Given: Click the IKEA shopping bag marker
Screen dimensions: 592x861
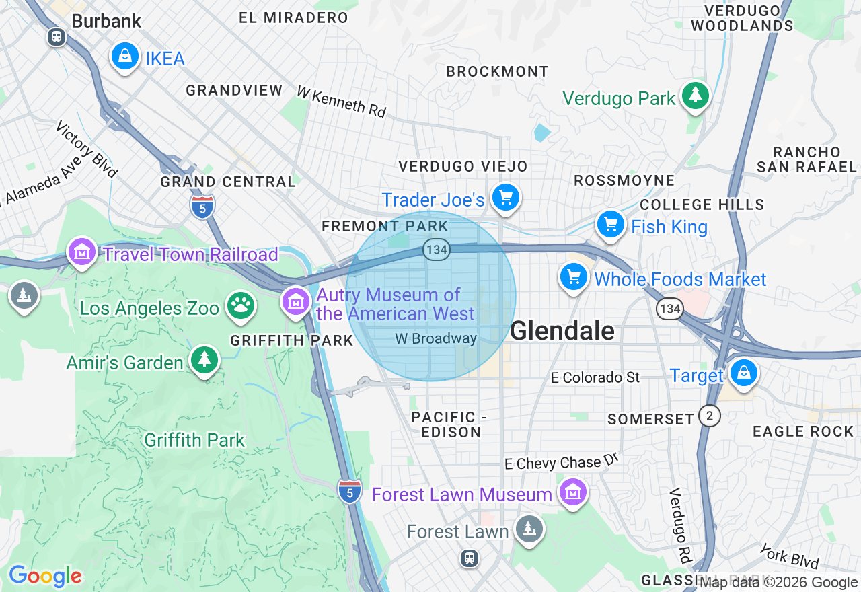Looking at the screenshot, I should (x=125, y=57).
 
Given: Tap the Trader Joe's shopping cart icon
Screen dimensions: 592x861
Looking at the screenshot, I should (x=506, y=198).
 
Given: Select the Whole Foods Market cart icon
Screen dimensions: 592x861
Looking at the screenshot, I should (x=573, y=276).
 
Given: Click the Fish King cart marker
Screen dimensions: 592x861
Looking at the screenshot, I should (x=610, y=224).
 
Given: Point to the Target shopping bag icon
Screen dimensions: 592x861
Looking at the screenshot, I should (x=744, y=372).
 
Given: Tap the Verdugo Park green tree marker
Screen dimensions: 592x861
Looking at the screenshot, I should (x=694, y=96).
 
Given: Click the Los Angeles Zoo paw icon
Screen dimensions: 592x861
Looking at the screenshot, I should (x=240, y=306).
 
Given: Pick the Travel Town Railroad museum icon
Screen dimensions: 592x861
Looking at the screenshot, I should (x=82, y=253).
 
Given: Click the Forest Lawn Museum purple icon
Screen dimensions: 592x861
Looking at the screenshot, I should (x=573, y=493).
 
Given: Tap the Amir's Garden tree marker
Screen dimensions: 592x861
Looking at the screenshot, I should (x=204, y=360).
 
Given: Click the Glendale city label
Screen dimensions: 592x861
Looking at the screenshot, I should (x=562, y=331).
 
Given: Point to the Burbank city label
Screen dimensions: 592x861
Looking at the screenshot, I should (x=106, y=21).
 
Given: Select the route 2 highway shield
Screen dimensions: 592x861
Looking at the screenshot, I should (x=709, y=416).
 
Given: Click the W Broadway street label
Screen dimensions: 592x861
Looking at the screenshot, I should (x=436, y=339).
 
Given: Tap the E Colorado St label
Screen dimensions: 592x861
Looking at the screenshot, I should (x=595, y=378).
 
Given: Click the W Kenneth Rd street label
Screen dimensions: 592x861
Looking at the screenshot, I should (x=342, y=101).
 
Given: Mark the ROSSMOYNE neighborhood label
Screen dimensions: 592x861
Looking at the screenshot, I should (x=624, y=180).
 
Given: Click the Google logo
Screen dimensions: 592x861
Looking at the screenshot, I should (x=45, y=576).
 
